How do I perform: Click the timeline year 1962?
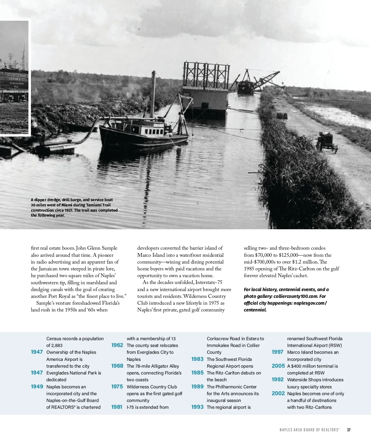[x=117, y=345]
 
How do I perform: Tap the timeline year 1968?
[x=117, y=366]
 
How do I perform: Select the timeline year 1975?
[x=117, y=387]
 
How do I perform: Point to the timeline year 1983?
[x=197, y=359]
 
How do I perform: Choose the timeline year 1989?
[x=197, y=387]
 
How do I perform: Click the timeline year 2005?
[x=278, y=366]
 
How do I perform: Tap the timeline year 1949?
[x=37, y=387]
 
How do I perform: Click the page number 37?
[x=349, y=430]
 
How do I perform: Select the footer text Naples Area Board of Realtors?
[x=309, y=430]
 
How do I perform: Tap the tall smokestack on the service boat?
[x=153, y=94]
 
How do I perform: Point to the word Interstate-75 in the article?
[x=209, y=282]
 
